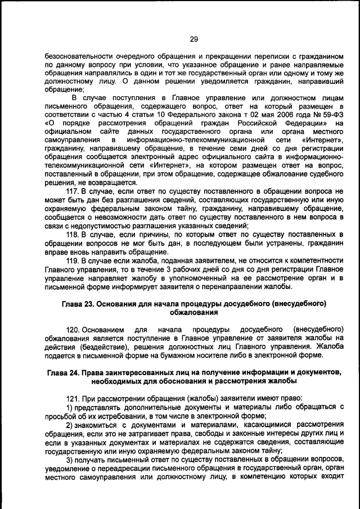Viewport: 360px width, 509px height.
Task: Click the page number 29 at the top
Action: (193, 39)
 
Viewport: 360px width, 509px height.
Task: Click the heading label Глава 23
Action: (79, 304)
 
